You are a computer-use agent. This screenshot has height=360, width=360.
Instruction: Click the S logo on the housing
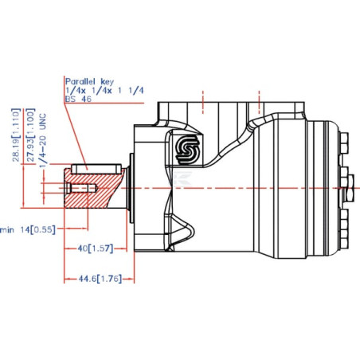coord(188,149)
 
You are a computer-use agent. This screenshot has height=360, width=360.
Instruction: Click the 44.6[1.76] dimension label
coord(100,279)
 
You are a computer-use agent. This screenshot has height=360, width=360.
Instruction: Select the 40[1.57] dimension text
coord(96,248)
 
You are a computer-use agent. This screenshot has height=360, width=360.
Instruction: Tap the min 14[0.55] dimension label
coord(28,229)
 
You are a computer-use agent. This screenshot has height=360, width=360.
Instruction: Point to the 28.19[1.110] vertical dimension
coord(16,135)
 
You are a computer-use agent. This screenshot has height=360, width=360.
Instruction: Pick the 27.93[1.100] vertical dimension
coord(31,135)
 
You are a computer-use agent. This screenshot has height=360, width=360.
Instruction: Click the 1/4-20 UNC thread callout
coord(43,140)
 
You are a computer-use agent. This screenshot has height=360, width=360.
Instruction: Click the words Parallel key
coord(89,81)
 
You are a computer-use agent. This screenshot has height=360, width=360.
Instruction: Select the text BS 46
coord(78,99)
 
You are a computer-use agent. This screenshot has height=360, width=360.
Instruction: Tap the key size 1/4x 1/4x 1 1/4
coord(104,91)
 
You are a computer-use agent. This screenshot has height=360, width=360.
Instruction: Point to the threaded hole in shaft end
coord(81,188)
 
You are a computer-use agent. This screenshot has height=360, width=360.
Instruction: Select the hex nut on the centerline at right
coord(350,188)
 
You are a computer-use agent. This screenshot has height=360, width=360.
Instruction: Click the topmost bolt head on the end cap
coord(344,143)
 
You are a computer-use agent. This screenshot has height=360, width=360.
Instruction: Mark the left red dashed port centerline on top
coord(203,102)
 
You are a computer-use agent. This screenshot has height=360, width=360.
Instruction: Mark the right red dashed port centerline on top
coord(259,102)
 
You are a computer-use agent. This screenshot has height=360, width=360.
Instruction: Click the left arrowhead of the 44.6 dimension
coord(67,279)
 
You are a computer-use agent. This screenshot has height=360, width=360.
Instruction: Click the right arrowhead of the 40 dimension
coord(124,248)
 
